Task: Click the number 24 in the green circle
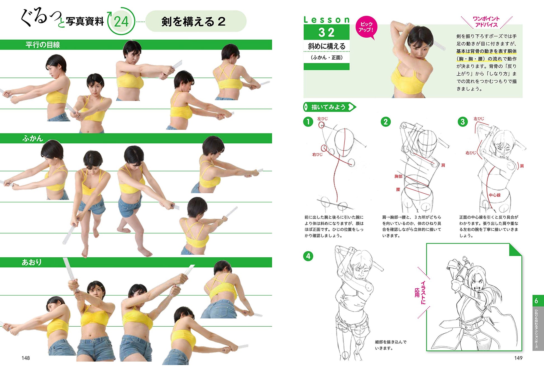121,22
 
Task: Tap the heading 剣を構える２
193,22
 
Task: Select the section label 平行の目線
43,45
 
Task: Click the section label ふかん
33,138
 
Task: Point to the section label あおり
32,262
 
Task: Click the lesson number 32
326,32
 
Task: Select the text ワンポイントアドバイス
486,22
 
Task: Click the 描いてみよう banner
330,107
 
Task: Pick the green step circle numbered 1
308,122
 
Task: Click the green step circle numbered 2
386,122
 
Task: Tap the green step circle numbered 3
463,122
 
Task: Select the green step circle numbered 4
308,256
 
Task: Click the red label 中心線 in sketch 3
495,195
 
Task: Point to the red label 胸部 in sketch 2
398,176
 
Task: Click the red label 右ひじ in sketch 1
317,155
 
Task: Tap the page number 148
26,358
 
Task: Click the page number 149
518,358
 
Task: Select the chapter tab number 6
536,301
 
